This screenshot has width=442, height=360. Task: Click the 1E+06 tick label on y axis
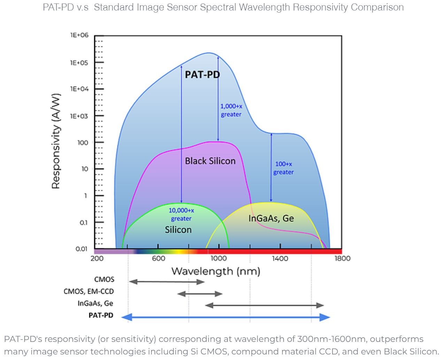[x=79, y=35]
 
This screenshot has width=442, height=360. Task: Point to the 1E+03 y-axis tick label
[x=79, y=116]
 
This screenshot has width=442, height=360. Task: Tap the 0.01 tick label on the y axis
[x=81, y=249]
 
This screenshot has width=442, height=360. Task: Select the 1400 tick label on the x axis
[x=280, y=259]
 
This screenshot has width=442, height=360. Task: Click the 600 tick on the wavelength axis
[x=158, y=259]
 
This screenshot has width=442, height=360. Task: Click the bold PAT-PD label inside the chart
[x=202, y=75]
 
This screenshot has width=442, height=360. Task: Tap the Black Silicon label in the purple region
[x=210, y=161]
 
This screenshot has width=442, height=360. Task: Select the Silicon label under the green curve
[x=178, y=230]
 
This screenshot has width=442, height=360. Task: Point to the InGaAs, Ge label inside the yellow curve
[x=271, y=219]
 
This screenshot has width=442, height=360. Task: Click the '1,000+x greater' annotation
[x=231, y=110]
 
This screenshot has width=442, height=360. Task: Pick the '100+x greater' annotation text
[x=284, y=168]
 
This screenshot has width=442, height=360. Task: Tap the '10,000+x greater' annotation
[x=181, y=214]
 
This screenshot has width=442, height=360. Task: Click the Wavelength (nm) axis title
[x=216, y=271]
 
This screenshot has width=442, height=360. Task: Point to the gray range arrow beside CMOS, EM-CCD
[x=200, y=294]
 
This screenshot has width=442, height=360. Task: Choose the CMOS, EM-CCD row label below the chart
[x=88, y=291]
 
